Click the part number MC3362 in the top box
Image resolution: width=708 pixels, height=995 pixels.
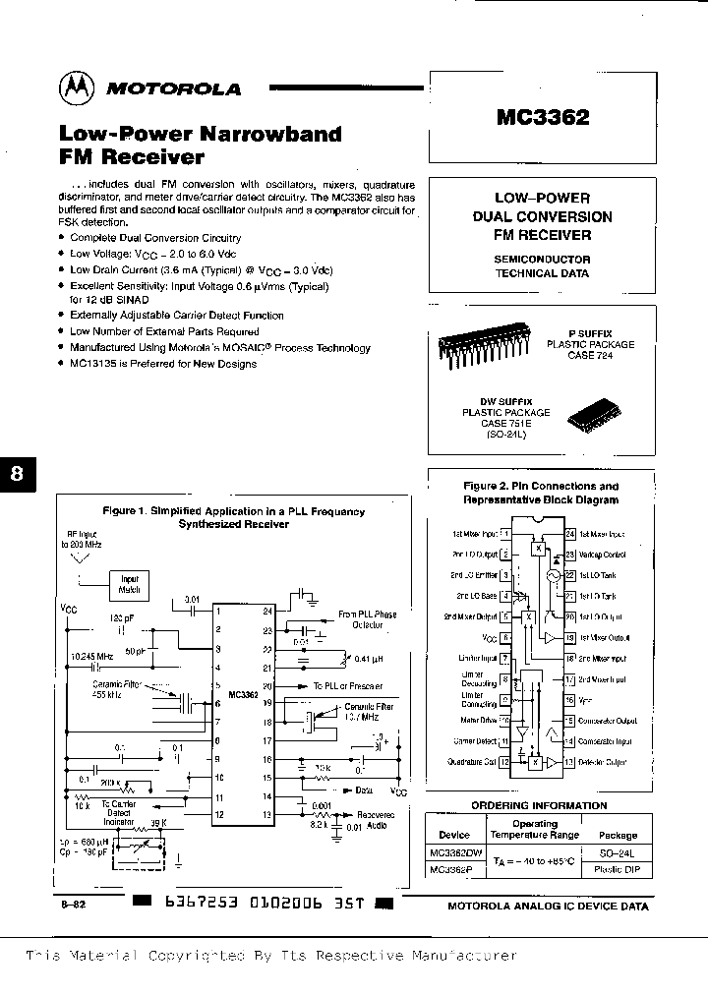(x=542, y=118)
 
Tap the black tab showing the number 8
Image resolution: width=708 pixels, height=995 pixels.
(x=17, y=474)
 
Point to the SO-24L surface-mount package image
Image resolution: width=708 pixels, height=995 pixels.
(x=594, y=418)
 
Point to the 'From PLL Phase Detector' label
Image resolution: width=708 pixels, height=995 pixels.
(x=367, y=619)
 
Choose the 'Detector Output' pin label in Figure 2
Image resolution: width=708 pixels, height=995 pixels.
(x=604, y=762)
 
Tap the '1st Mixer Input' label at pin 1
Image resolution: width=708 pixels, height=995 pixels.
(x=473, y=534)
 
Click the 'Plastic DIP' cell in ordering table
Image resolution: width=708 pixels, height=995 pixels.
(x=618, y=869)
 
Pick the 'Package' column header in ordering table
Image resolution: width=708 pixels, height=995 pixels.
(x=618, y=835)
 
